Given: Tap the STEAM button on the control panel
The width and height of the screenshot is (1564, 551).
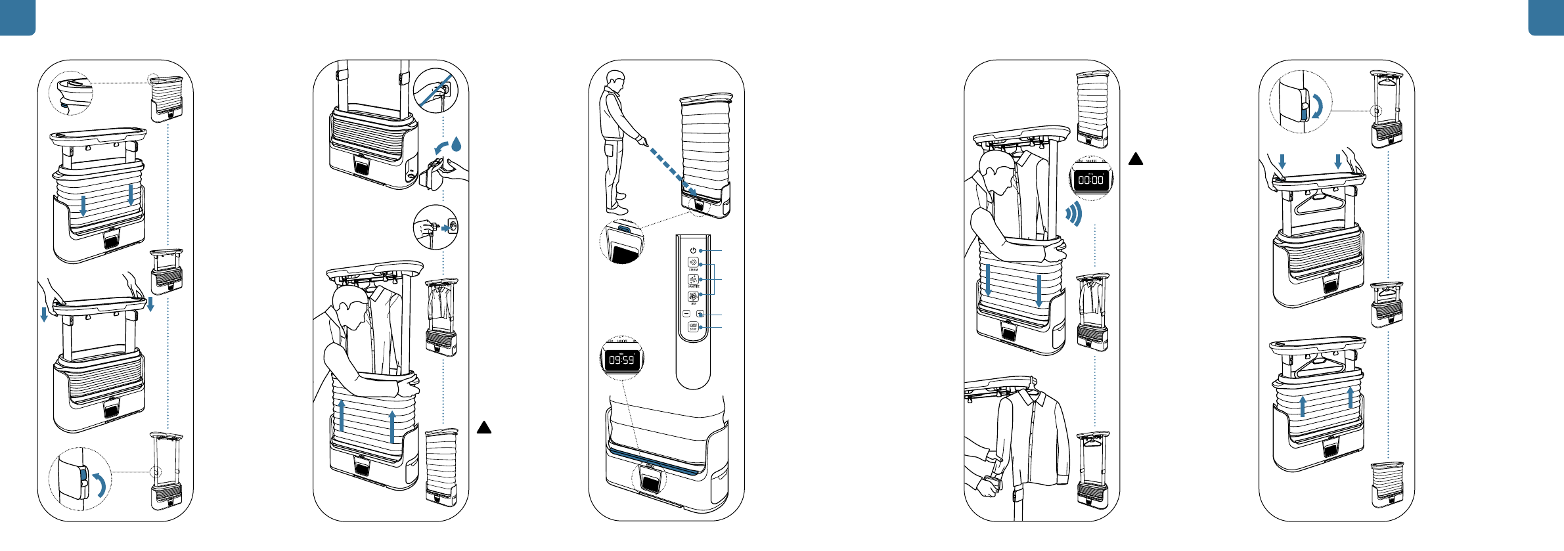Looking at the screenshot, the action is (x=693, y=262).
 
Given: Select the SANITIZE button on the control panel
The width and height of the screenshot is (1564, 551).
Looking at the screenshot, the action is (x=693, y=279).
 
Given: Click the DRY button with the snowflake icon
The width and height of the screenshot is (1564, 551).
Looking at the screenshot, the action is (x=693, y=296).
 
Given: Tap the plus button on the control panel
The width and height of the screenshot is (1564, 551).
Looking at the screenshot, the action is (x=700, y=314).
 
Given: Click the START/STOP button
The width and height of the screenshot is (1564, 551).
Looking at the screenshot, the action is (x=693, y=327).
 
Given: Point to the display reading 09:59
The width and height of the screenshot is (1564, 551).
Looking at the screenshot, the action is (x=621, y=360).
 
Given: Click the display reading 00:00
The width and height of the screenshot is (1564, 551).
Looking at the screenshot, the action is (x=1091, y=180).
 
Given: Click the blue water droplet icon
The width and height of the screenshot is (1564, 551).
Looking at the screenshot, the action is (x=457, y=143).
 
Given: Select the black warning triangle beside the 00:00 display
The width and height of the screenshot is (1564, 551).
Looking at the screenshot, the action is (x=1136, y=159).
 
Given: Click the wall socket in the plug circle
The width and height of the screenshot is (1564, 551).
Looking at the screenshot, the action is (x=452, y=227).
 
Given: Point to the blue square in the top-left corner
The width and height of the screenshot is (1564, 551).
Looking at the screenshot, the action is (x=16, y=16).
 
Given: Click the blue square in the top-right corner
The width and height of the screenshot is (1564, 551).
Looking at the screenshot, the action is (x=1546, y=16).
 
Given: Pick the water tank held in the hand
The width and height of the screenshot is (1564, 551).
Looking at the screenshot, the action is (x=434, y=174).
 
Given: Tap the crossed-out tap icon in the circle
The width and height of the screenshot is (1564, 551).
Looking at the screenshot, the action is (x=436, y=91).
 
